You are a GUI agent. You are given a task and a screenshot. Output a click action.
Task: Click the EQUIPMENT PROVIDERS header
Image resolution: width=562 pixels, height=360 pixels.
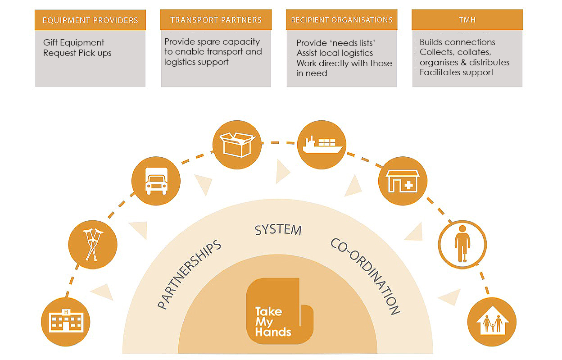click(90, 20)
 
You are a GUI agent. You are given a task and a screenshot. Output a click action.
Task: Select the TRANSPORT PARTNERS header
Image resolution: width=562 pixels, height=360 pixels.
click(216, 20)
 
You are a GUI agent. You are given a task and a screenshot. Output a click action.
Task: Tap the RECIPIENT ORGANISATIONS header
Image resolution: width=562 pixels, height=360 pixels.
click(341, 20)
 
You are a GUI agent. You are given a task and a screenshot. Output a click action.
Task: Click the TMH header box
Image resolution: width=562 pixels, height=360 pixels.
click(467, 20)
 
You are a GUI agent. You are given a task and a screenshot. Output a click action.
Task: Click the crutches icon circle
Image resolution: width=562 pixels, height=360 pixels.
click(93, 245)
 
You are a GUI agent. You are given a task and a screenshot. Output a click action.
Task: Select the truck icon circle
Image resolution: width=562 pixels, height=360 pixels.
click(156, 181)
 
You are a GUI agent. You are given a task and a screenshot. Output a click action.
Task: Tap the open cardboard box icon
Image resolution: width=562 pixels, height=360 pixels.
click(237, 145)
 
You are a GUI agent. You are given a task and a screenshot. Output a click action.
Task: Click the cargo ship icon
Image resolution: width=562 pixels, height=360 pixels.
click(322, 145)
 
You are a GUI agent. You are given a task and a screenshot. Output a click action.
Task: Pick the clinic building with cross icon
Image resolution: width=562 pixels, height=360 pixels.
click(403, 181)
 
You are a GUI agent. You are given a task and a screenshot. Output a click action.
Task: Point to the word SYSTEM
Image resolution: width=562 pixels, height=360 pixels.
click(278, 230)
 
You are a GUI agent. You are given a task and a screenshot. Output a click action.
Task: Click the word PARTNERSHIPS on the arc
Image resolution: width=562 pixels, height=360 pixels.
click(190, 274)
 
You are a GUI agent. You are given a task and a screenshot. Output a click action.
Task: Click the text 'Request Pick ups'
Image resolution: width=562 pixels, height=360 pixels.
click(77, 53)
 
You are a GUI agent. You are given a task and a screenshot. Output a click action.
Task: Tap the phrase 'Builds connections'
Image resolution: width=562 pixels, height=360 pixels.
click(457, 42)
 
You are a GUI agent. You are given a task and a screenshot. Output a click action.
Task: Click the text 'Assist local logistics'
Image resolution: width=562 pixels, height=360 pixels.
click(335, 53)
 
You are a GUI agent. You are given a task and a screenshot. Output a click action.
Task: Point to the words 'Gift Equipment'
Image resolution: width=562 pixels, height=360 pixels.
click(73, 43)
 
